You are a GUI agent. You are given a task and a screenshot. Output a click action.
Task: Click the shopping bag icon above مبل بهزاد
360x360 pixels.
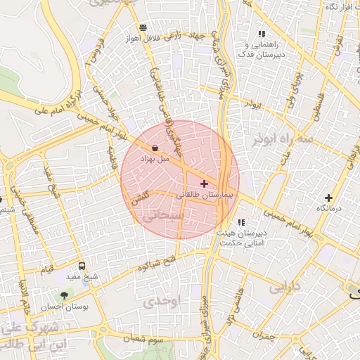tap(155, 148)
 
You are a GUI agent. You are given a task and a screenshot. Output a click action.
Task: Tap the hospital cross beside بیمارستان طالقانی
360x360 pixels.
tap(205, 184)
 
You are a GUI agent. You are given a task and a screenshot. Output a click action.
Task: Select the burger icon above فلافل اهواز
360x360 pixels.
tap(143, 28)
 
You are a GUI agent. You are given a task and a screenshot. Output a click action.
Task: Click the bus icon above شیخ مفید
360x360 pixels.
tap(82, 266)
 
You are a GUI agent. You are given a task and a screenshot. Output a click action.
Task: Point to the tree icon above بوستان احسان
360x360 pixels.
tap(65, 296)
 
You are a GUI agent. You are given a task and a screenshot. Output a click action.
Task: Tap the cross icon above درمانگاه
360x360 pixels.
tap(328, 198)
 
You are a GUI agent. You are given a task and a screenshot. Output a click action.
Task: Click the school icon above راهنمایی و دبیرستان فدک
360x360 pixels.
tap(262, 34)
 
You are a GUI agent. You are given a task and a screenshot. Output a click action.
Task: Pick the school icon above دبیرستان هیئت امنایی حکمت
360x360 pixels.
tap(241, 223)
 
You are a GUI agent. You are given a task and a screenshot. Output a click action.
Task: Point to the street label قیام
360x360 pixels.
tap(47, 270)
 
